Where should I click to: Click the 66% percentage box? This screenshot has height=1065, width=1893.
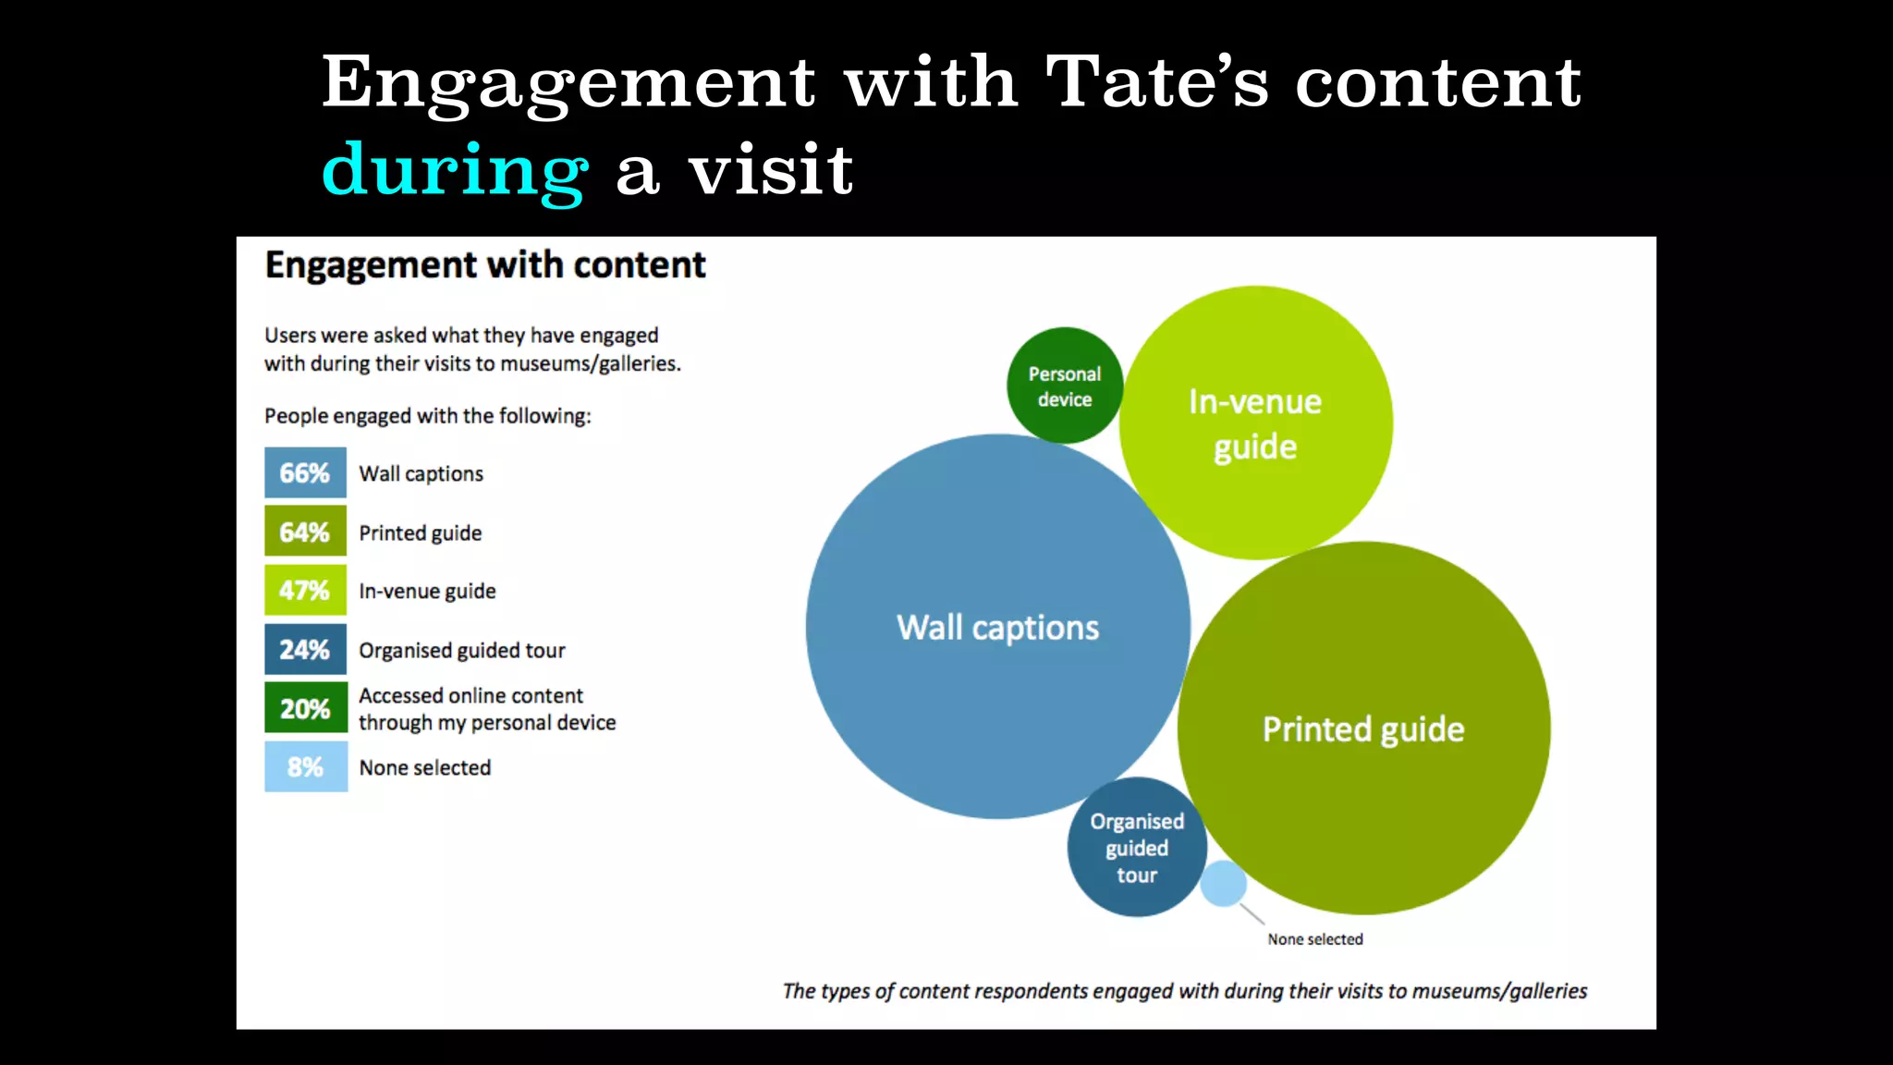point(305,473)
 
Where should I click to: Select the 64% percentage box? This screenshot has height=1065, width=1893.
point(305,532)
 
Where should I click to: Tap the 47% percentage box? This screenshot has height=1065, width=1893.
point(305,590)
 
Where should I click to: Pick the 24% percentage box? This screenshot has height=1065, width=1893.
point(305,649)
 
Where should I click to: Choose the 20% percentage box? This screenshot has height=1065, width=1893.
point(305,708)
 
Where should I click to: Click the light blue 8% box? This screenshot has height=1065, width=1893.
point(305,766)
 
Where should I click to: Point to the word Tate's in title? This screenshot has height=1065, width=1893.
point(1156,82)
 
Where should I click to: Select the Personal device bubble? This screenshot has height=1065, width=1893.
point(1065,386)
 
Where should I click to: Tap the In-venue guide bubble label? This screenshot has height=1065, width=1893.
point(1255,424)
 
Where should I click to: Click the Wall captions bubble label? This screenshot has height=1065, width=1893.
point(997,628)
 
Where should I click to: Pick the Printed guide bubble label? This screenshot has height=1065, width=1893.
point(1363,729)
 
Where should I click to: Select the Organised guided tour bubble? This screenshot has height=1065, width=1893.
point(1136,848)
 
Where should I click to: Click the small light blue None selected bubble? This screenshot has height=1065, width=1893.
point(1223,883)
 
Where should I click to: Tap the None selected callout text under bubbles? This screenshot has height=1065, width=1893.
point(1314,939)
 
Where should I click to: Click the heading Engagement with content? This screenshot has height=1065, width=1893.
point(485,265)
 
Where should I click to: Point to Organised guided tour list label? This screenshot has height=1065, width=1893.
point(461,651)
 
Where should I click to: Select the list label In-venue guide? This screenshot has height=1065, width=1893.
point(427,592)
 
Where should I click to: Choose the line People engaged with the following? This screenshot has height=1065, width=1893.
point(427,416)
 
